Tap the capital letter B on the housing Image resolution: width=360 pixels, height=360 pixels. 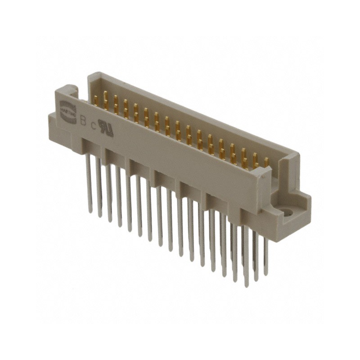click(x=82, y=120)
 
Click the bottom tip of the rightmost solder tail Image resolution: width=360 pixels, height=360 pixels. click(x=266, y=275)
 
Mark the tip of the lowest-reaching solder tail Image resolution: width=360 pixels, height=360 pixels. click(x=246, y=286)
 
